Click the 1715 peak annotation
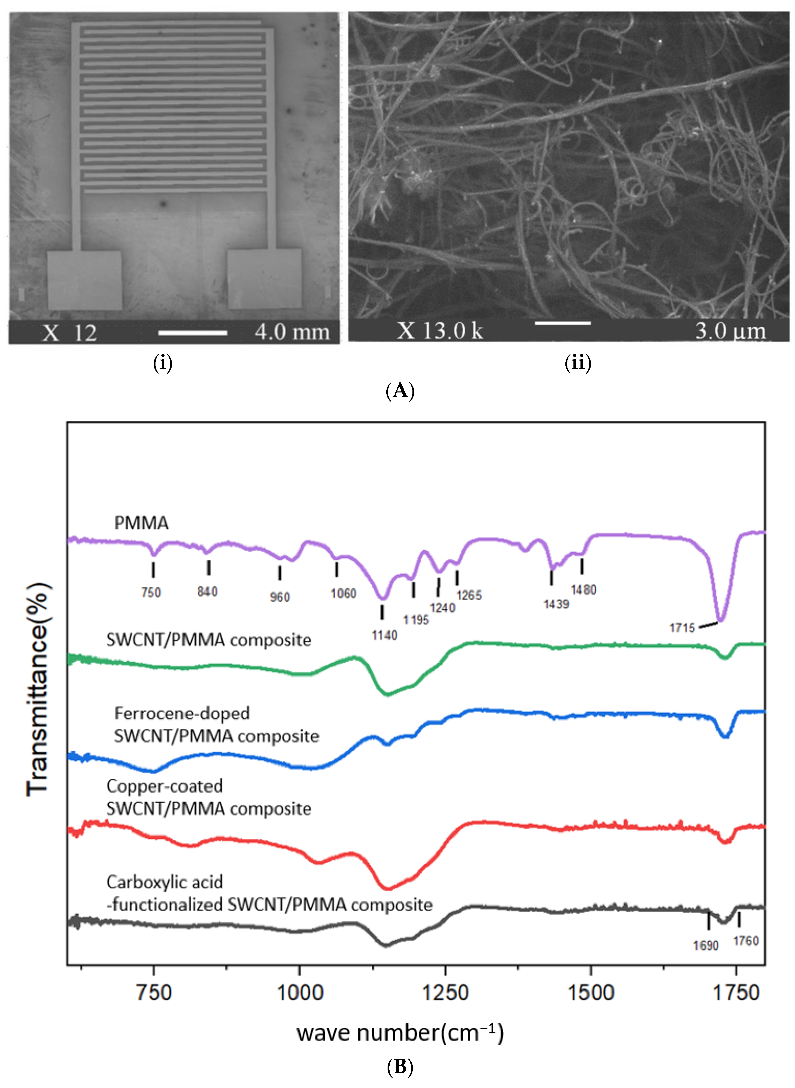pyautogui.click(x=682, y=628)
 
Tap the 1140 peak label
pyautogui.click(x=384, y=635)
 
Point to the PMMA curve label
pyautogui.click(x=141, y=523)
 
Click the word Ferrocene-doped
pyautogui.click(x=182, y=713)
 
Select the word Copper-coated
pyautogui.click(x=165, y=786)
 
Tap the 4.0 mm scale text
pyautogui.click(x=292, y=332)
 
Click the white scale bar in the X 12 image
pyautogui.click(x=192, y=332)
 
